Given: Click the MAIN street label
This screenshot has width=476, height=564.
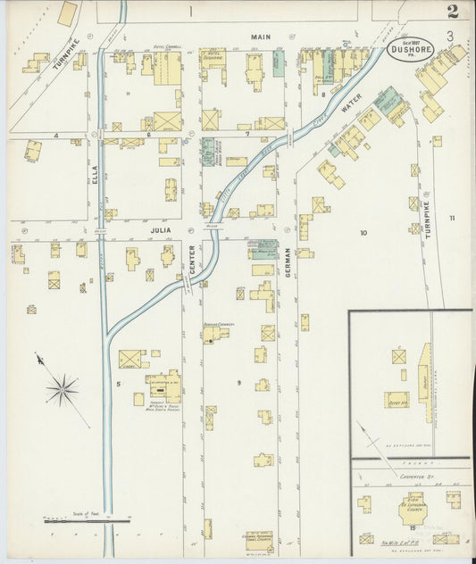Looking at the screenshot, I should tap(259, 37).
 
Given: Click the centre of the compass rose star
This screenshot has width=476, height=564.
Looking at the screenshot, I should tap(63, 388).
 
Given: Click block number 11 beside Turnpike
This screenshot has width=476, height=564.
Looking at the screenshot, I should tap(452, 218).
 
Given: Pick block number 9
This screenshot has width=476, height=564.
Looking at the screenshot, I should tap(238, 382).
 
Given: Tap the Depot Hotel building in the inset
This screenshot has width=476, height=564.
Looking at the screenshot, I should tap(397, 400).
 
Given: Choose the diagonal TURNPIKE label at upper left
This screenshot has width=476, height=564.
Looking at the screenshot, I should tap(61, 55).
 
